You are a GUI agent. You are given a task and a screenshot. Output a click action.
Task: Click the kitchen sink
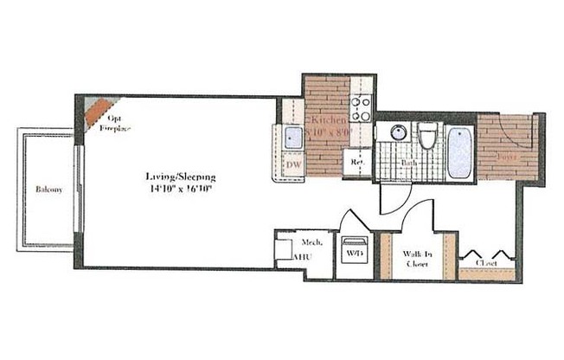click(292, 137)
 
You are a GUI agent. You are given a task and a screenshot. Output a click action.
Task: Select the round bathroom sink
click(399, 133)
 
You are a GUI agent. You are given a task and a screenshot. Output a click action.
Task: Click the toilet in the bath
click(427, 138)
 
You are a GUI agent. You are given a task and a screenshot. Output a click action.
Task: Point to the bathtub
click(459, 152)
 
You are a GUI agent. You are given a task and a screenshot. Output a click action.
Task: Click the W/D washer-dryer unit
click(353, 253)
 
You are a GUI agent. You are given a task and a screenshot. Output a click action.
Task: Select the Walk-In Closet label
click(415, 259)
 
